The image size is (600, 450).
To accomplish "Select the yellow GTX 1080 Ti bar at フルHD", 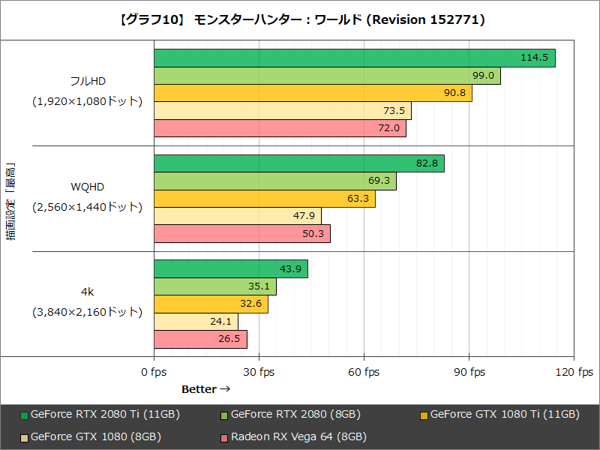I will (313, 93).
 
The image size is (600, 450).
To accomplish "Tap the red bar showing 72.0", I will (280, 128).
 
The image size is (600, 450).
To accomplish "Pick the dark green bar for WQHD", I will (298, 163).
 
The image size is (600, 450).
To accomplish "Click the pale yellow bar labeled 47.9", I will (237, 216).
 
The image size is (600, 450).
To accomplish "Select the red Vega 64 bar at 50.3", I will (241, 234).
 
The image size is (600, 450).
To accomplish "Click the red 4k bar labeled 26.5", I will (200, 339).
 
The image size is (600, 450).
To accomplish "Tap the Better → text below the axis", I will (205, 389).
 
